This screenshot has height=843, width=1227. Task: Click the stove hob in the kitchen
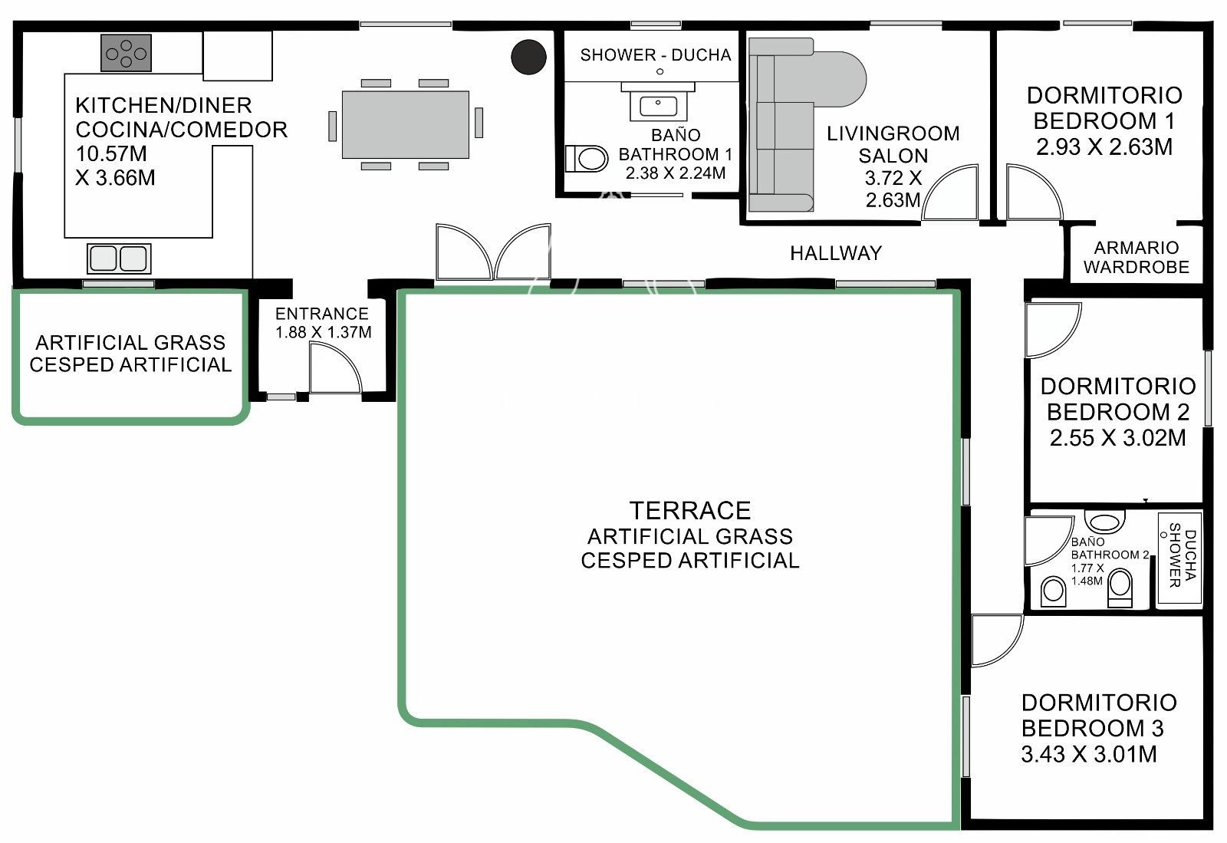[x=126, y=53]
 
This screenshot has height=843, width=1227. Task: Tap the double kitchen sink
[x=119, y=258]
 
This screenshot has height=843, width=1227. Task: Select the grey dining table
[x=406, y=125]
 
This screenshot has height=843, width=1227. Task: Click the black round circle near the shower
[x=528, y=57]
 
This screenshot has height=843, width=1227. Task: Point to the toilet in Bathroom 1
[x=587, y=159]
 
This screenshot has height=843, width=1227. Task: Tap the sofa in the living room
[x=794, y=124]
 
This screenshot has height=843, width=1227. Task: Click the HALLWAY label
[x=836, y=253]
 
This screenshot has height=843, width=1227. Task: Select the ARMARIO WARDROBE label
[x=1136, y=258]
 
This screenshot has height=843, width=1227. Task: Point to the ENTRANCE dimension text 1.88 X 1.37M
[x=323, y=332]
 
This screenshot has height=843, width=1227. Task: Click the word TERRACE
[x=689, y=511]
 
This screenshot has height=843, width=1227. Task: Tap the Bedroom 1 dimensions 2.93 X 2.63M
[x=1104, y=147]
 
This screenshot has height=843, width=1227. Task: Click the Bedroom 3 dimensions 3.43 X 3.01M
[x=1089, y=754]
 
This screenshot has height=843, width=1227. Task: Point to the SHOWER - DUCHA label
[x=656, y=54]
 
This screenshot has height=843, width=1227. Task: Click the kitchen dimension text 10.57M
[x=112, y=154]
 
